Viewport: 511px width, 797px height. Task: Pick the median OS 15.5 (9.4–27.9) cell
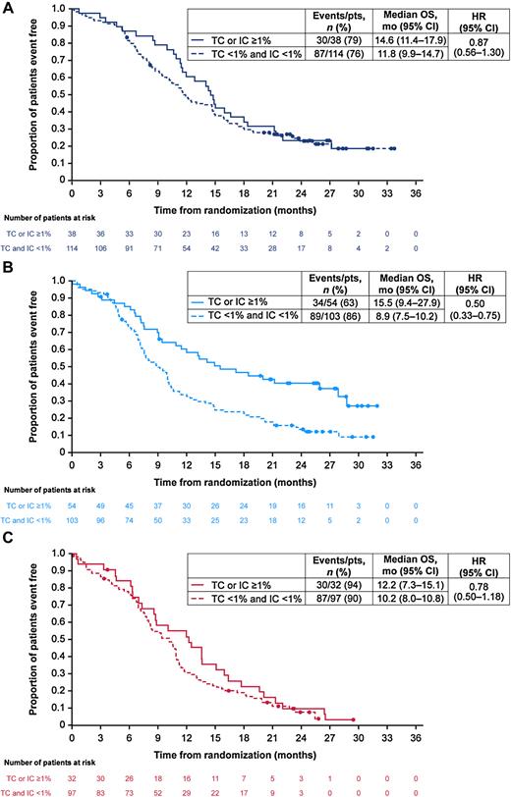pyautogui.click(x=407, y=307)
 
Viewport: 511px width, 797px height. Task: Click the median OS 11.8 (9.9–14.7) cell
pyautogui.click(x=407, y=56)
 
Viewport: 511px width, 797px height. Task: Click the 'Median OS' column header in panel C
pyautogui.click(x=407, y=563)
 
